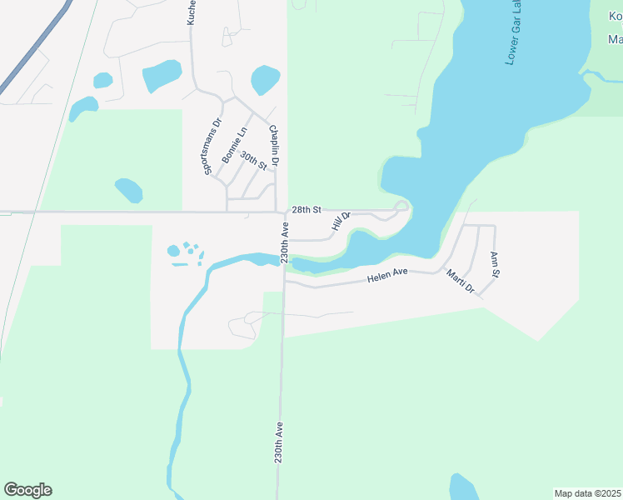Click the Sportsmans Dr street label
tap(213, 147)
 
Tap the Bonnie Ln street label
tap(235, 145)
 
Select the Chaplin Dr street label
tap(272, 144)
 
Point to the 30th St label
tap(252, 160)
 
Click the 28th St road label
tap(306, 210)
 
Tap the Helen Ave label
tap(386, 273)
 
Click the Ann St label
tap(495, 264)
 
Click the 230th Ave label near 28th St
tap(284, 242)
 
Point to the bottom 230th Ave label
tap(280, 442)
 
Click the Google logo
tap(27, 490)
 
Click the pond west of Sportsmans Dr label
tap(129, 190)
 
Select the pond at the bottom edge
tap(464, 487)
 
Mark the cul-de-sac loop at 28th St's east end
tap(401, 206)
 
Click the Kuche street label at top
tap(192, 12)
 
